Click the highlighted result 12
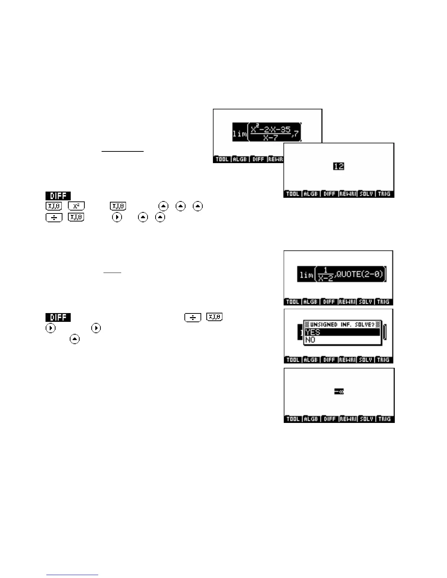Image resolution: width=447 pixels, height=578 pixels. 339,166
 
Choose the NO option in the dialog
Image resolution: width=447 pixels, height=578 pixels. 310,340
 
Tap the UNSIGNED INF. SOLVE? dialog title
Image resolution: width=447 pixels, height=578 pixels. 342,324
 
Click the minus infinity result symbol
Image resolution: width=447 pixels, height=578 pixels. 339,392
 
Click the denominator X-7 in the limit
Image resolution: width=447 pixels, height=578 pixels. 270,138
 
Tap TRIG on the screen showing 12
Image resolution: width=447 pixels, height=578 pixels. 384,194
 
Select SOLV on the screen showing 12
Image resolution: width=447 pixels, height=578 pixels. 366,194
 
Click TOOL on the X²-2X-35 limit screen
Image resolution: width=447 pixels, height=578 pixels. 222,159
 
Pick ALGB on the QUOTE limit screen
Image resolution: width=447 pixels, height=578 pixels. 311,302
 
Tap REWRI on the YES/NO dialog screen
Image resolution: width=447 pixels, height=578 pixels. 347,360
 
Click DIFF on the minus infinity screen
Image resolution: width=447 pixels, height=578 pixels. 329,419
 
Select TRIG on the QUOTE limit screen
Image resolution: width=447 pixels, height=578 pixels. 383,302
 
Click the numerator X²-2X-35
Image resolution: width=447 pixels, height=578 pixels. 270,130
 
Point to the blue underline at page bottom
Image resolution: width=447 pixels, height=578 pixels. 72,575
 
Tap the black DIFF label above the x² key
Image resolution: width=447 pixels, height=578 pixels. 58,196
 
